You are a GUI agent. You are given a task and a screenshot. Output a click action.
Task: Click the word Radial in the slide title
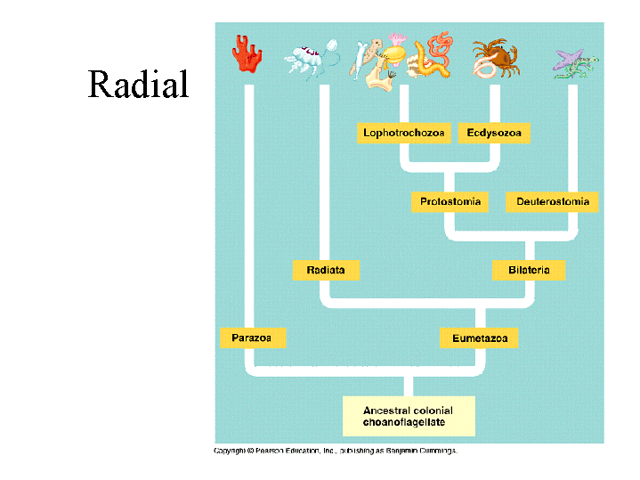pyautogui.click(x=138, y=85)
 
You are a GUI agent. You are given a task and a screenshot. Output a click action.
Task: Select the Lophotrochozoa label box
pyautogui.click(x=403, y=134)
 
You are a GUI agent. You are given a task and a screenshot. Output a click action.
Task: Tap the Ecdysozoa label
pyautogui.click(x=493, y=134)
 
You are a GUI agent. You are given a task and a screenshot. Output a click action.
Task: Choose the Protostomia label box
pyautogui.click(x=450, y=202)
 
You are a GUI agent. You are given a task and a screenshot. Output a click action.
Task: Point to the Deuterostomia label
pyautogui.click(x=552, y=202)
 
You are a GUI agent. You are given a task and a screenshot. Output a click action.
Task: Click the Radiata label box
pyautogui.click(x=326, y=270)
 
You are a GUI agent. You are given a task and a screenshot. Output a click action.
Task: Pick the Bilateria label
pyautogui.click(x=529, y=270)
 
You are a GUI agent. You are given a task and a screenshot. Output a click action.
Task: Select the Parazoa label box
pyautogui.click(x=252, y=338)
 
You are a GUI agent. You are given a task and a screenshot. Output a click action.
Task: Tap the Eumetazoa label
pyautogui.click(x=478, y=338)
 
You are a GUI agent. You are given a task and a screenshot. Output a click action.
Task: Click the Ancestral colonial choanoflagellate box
pyautogui.click(x=409, y=416)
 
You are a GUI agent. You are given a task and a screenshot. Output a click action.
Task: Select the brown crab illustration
pyautogui.click(x=495, y=58)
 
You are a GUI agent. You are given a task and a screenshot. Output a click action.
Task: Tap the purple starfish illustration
pyautogui.click(x=570, y=61)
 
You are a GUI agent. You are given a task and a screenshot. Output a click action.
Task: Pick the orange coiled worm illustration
pyautogui.click(x=438, y=55)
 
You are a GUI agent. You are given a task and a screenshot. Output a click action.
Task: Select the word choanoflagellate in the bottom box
pyautogui.click(x=403, y=422)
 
